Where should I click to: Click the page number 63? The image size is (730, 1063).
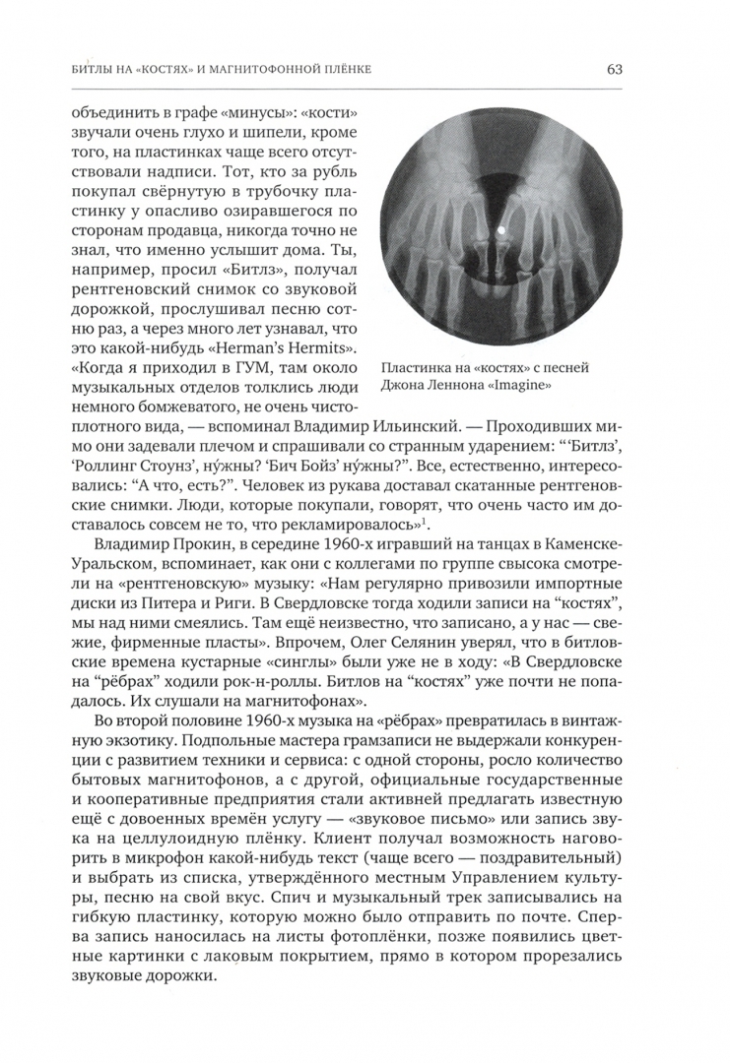614,69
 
